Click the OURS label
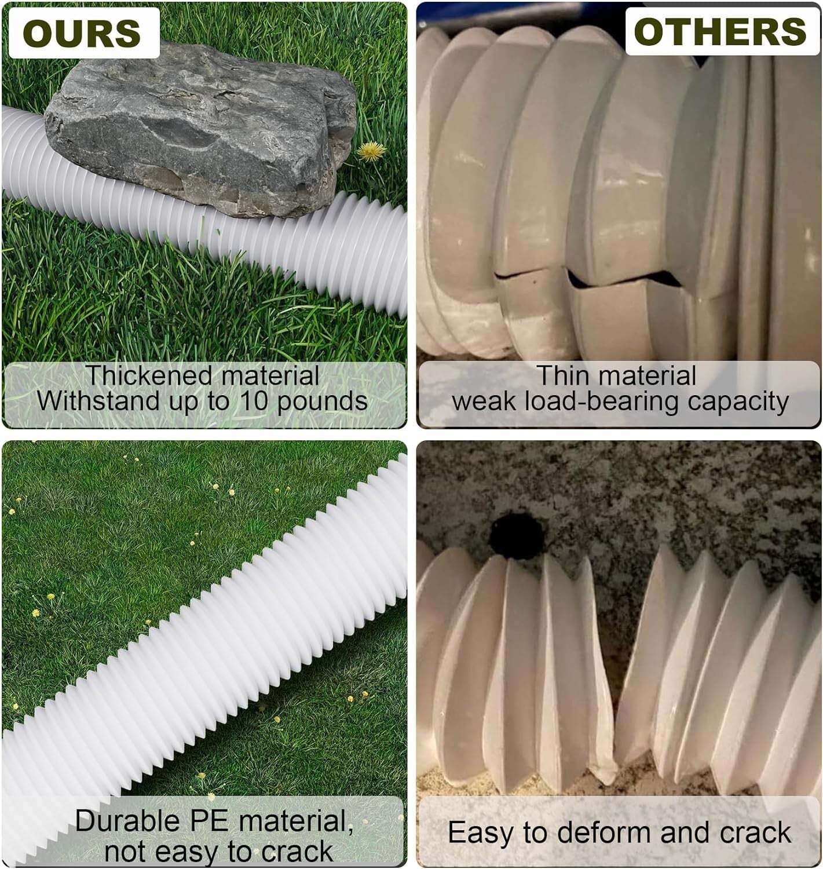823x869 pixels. (x=82, y=33)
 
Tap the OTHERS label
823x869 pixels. (x=720, y=31)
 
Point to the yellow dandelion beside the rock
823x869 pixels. (x=370, y=152)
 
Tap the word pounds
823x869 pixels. (x=323, y=401)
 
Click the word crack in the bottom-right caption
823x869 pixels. (x=756, y=833)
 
